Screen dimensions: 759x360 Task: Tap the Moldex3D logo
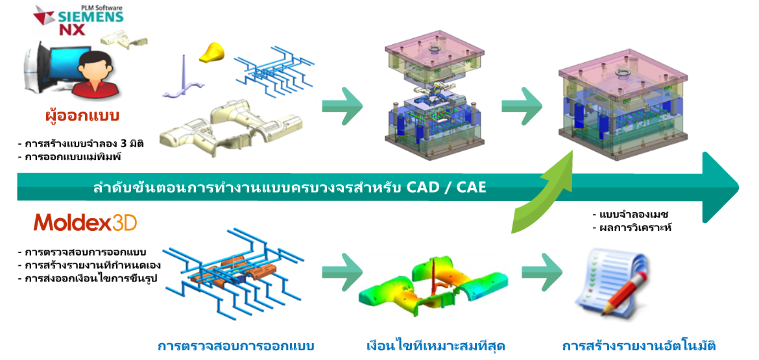tap(85, 222)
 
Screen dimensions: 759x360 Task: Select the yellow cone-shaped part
tap(211, 52)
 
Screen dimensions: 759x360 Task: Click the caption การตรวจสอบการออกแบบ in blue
tap(236, 346)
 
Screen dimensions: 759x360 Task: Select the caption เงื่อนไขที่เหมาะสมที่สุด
tap(436, 346)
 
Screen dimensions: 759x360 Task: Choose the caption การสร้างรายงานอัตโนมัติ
tap(639, 346)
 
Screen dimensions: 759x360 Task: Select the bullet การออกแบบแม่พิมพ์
tap(66, 156)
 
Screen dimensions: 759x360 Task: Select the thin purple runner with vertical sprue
tap(189, 82)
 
